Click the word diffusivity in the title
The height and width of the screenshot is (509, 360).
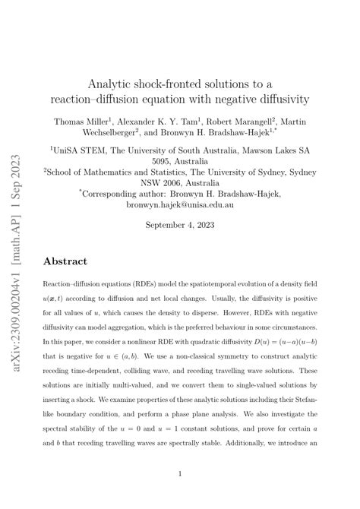tap(269, 100)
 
